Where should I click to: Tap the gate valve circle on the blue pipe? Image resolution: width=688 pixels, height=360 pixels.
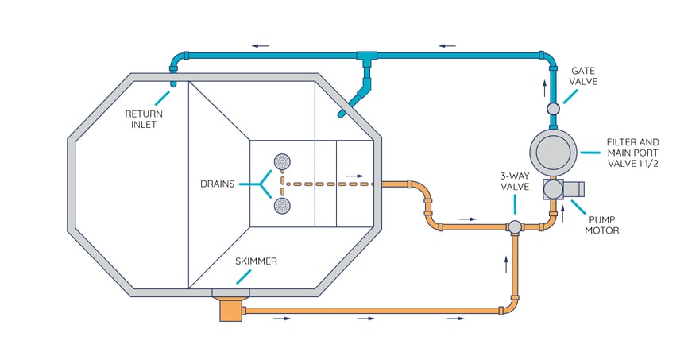click(x=554, y=108)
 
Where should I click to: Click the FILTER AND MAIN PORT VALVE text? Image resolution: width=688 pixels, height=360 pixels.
click(x=632, y=152)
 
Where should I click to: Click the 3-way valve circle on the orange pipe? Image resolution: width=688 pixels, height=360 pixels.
click(x=515, y=227)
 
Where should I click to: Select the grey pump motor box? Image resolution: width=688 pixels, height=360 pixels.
click(x=562, y=189)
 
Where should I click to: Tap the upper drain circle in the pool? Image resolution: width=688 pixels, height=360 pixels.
click(x=281, y=162)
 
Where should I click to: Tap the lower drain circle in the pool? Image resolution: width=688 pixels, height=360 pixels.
click(x=281, y=206)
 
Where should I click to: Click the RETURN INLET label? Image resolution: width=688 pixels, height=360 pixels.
click(x=143, y=118)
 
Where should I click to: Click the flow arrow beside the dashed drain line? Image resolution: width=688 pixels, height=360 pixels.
click(x=355, y=176)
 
